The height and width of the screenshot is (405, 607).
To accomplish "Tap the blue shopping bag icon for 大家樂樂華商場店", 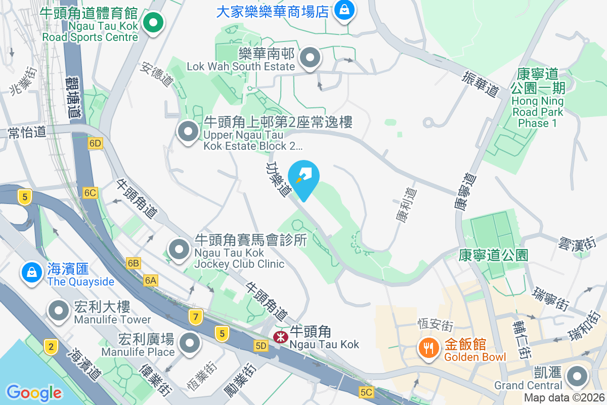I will (x=344, y=10).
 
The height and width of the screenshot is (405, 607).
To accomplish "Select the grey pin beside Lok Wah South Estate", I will (x=310, y=58).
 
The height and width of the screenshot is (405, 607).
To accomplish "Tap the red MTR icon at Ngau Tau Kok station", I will (x=279, y=337).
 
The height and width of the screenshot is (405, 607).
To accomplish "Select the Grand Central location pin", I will (x=577, y=377).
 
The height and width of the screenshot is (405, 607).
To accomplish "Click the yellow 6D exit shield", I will (x=95, y=143).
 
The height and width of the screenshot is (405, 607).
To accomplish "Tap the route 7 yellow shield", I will (x=196, y=317).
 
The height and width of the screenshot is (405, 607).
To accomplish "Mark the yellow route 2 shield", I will (x=50, y=347).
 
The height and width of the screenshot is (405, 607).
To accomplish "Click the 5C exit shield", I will (x=367, y=392).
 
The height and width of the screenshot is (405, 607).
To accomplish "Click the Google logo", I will (x=34, y=392).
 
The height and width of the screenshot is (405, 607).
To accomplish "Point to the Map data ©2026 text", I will (x=564, y=398).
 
